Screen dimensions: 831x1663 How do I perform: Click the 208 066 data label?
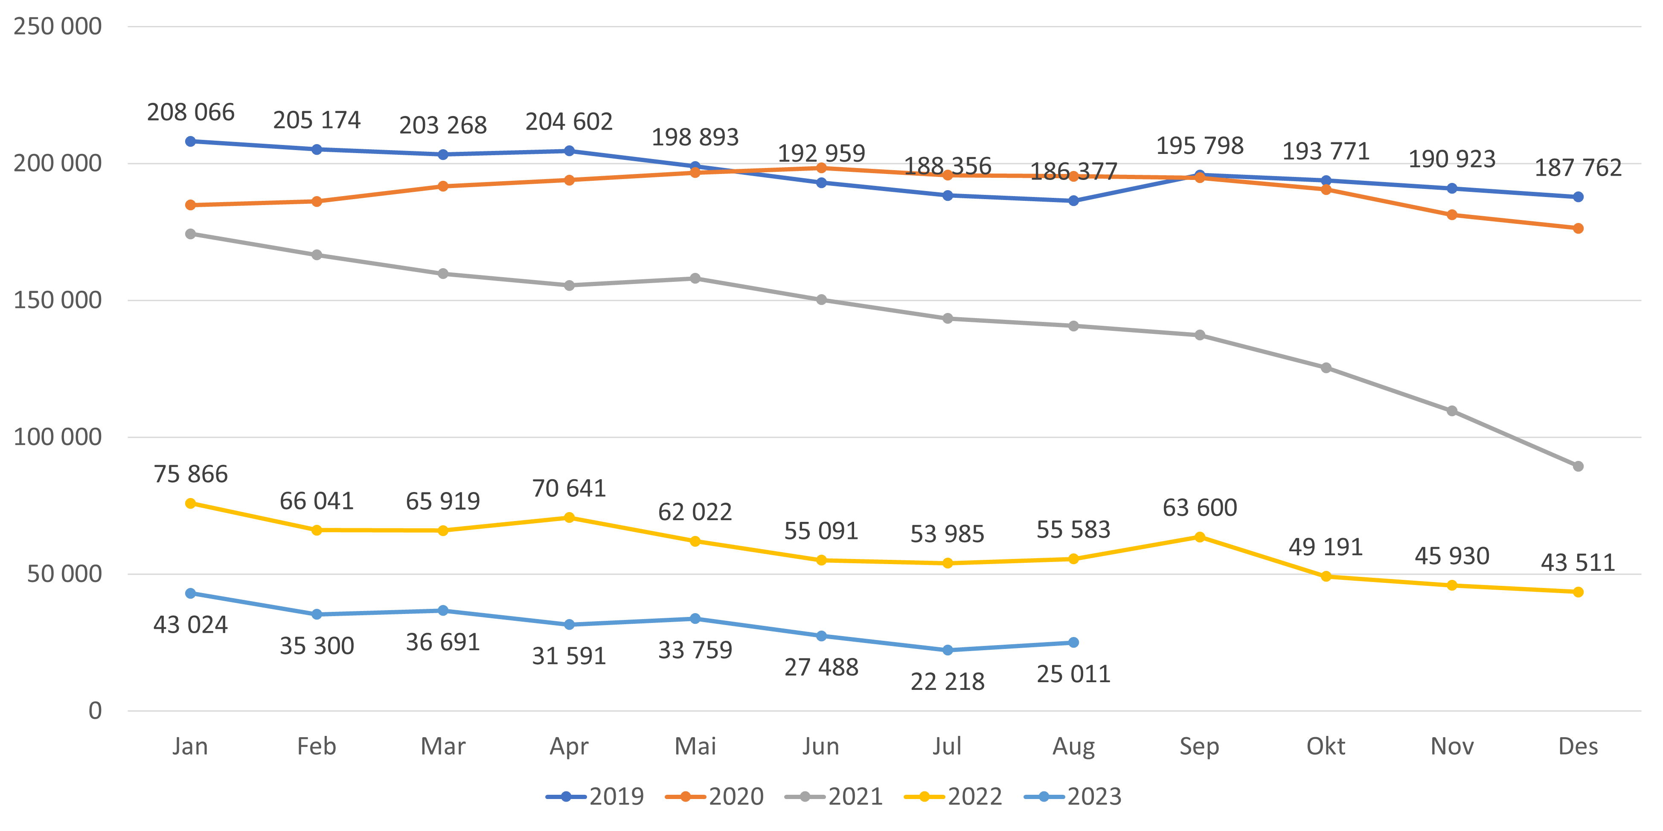[x=190, y=112]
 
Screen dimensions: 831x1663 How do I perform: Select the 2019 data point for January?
[x=190, y=141]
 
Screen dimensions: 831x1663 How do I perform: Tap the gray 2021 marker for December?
[x=1578, y=466]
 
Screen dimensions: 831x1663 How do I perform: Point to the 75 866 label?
[x=190, y=474]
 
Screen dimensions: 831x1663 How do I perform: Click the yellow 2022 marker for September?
[x=1200, y=537]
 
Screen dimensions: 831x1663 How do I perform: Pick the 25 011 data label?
[x=1073, y=674]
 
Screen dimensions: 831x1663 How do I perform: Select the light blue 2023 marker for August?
[x=1073, y=643]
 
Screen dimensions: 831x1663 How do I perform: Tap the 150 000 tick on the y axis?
[x=58, y=300]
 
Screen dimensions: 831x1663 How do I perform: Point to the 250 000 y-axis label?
[x=58, y=26]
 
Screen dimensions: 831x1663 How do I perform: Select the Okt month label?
[x=1326, y=747]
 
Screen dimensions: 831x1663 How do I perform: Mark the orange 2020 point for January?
[x=190, y=205]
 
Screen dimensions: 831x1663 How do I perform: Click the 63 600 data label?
[x=1200, y=508]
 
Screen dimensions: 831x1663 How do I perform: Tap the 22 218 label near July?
[x=947, y=682]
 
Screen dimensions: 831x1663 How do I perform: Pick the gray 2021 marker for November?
[x=1452, y=411]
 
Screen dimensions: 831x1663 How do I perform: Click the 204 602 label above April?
[x=568, y=121]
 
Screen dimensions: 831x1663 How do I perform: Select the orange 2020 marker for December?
[x=1578, y=229]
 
